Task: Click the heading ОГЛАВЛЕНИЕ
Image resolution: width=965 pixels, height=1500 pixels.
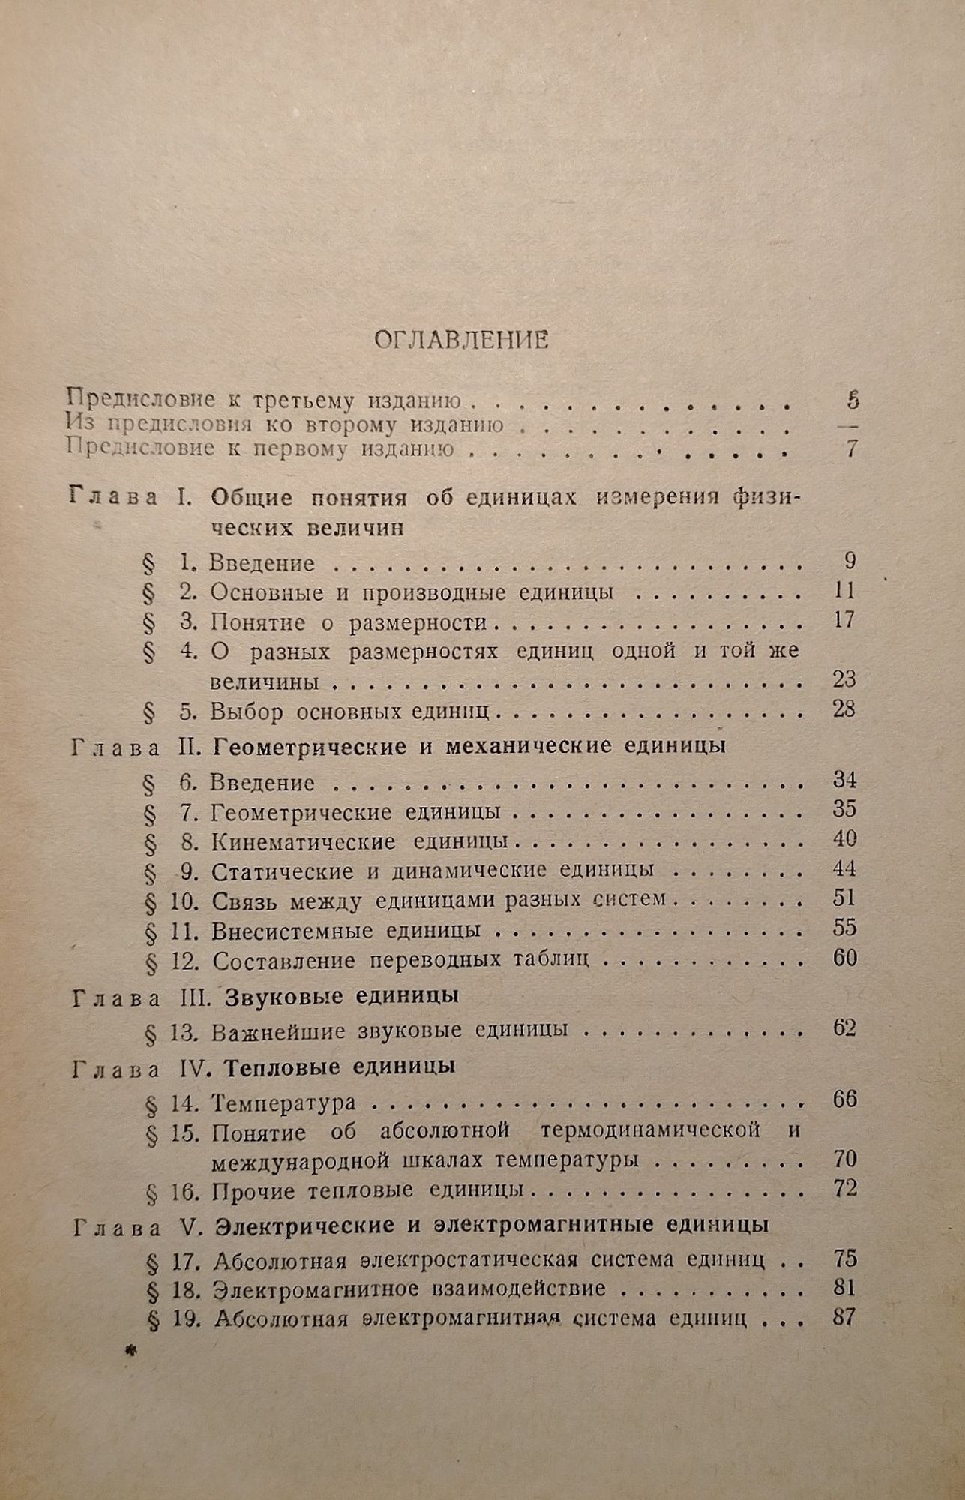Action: click(461, 340)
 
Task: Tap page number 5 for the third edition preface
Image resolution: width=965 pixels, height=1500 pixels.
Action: click(852, 400)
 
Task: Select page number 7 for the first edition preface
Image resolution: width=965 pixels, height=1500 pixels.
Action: click(851, 449)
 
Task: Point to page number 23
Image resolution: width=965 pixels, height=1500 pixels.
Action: click(844, 679)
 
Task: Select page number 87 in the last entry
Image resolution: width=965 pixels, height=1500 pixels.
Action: click(844, 1318)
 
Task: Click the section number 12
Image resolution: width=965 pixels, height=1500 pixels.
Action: click(184, 961)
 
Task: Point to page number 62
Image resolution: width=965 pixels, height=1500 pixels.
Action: click(844, 1027)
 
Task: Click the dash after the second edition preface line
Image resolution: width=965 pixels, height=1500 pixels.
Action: click(850, 425)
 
